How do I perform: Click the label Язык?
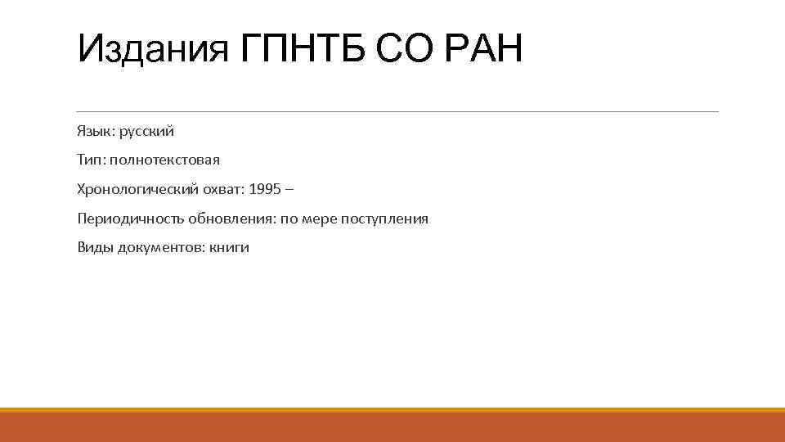(x=96, y=131)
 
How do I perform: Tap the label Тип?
(x=92, y=160)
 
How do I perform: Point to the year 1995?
(x=264, y=190)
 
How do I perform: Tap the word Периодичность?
(x=130, y=219)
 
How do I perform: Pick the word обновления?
(x=223, y=219)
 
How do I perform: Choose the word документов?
(x=160, y=248)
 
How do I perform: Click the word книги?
(x=229, y=248)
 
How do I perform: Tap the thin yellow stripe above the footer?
(x=392, y=410)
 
